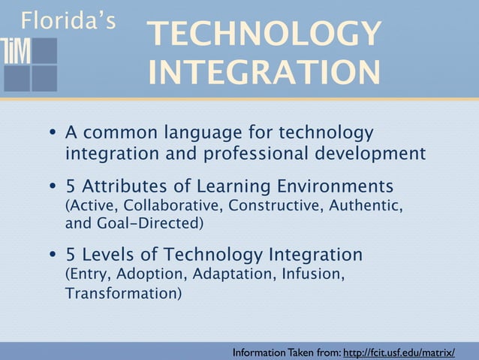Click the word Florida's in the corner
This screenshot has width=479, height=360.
click(x=68, y=20)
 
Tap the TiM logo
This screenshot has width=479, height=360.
click(x=30, y=63)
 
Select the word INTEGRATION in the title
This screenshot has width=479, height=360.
click(x=264, y=74)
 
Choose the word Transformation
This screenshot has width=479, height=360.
click(x=122, y=292)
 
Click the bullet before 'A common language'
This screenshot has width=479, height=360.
click(x=53, y=134)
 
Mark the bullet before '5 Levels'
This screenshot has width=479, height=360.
click(x=53, y=255)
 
